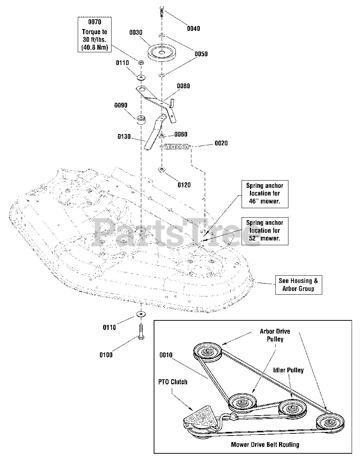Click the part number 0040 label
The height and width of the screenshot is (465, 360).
(x=193, y=29)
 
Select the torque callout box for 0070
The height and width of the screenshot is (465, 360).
(x=94, y=34)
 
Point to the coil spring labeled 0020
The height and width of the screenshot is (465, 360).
(x=176, y=146)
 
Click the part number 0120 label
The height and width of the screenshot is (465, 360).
(x=184, y=185)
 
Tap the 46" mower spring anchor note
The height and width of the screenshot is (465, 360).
(x=265, y=194)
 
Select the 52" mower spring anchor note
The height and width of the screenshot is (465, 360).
(x=265, y=231)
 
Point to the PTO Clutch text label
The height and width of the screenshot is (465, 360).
(x=173, y=382)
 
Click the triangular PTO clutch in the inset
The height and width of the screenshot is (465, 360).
(x=199, y=417)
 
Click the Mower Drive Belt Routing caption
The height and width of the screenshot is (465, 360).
(x=265, y=445)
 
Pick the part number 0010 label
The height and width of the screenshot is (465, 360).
(x=166, y=355)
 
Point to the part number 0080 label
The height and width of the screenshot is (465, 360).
(x=183, y=86)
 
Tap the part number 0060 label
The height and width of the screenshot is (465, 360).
(x=181, y=134)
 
